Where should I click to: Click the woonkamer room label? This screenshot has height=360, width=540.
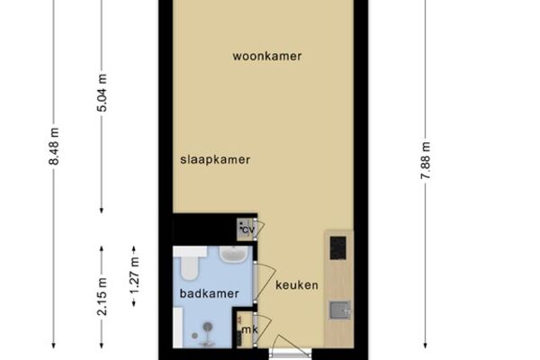click(267, 56)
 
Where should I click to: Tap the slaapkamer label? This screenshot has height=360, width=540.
click(215, 160)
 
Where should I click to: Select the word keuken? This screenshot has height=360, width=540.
click(297, 285)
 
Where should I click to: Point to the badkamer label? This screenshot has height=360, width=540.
click(210, 293)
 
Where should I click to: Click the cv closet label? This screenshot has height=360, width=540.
click(247, 229)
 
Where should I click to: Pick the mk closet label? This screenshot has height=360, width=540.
click(249, 329)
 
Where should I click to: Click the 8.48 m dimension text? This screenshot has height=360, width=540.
click(54, 146)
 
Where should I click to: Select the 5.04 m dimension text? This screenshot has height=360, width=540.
click(102, 93)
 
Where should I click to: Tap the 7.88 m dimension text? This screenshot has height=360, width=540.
click(426, 160)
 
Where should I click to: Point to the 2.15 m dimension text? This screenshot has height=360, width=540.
click(102, 297)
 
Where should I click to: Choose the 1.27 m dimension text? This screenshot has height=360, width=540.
click(134, 275)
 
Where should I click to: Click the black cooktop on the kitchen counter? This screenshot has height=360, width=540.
click(337, 247)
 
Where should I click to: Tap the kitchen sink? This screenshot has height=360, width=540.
click(340, 310)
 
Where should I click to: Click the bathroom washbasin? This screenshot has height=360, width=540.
click(233, 254)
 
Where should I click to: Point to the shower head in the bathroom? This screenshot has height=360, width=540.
click(207, 326)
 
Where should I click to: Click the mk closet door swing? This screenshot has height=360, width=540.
click(263, 328)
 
